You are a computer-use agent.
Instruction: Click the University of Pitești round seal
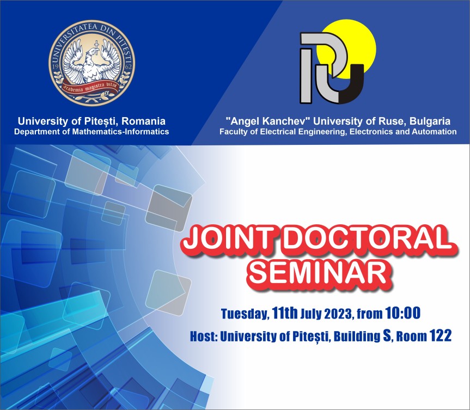click(x=91, y=63)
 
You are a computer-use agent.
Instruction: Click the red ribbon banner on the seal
click(x=91, y=88)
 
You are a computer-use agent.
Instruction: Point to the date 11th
click(x=285, y=313)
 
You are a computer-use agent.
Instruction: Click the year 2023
click(x=339, y=314)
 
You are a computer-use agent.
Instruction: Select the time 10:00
click(x=403, y=313)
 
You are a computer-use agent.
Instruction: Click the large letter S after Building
click(x=387, y=335)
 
